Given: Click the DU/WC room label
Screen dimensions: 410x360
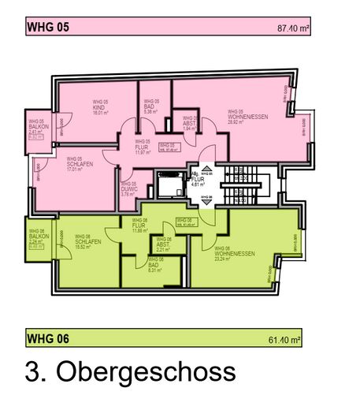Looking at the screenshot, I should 130,190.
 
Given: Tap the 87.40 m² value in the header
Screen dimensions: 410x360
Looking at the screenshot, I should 292,28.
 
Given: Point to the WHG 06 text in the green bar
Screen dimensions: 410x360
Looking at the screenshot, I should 48,340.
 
